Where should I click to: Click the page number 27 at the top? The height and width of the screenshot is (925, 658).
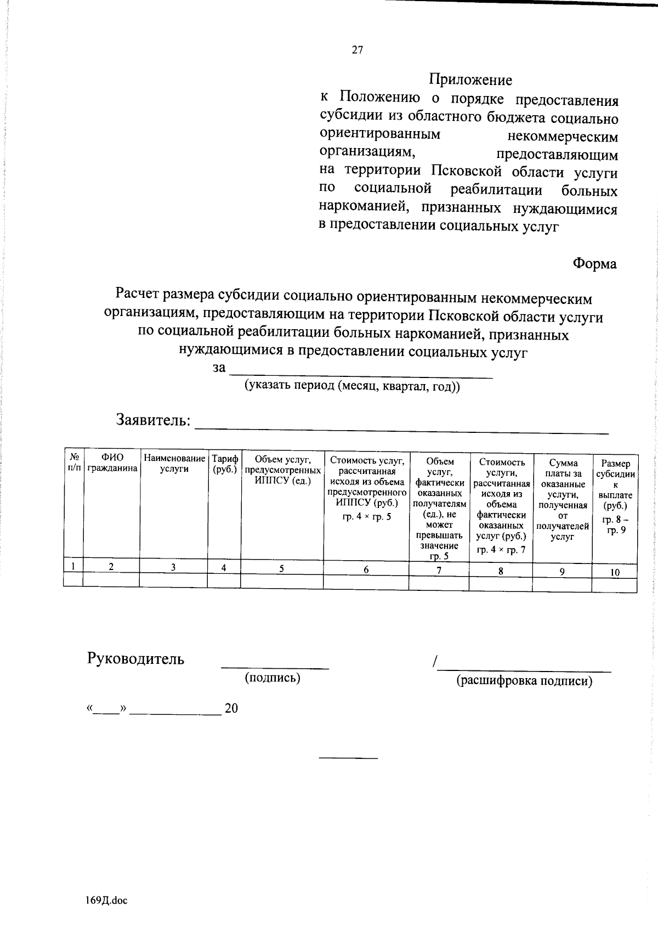click(x=357, y=50)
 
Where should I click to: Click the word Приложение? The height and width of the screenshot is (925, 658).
click(x=470, y=80)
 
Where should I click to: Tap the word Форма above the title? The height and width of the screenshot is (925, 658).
click(x=594, y=264)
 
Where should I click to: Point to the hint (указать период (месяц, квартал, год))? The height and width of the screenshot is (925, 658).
click(x=337, y=386)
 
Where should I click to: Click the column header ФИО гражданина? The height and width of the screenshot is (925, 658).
click(x=112, y=463)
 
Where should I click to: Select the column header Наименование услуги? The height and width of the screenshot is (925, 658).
click(x=174, y=463)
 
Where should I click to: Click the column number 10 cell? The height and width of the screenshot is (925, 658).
click(x=615, y=573)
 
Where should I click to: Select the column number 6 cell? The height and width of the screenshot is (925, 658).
click(x=366, y=570)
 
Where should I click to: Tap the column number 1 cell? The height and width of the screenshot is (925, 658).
click(x=72, y=566)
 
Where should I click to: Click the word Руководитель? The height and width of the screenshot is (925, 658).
click(x=135, y=659)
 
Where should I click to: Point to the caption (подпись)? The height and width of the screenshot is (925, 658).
click(x=273, y=678)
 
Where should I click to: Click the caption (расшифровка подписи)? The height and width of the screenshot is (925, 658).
click(x=524, y=681)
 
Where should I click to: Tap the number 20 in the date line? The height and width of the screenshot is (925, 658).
click(x=231, y=708)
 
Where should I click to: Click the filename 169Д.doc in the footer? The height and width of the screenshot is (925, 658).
click(x=106, y=900)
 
